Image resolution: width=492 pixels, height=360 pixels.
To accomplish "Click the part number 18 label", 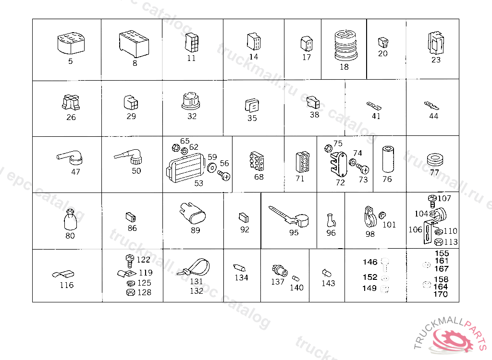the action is [x=344, y=67].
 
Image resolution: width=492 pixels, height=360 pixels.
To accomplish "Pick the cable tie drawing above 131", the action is [x=197, y=266].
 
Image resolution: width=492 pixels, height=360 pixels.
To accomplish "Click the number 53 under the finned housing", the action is [x=198, y=183].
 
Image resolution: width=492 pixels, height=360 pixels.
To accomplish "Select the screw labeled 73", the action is [x=364, y=169].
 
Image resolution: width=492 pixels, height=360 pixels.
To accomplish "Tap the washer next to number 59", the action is [x=211, y=168].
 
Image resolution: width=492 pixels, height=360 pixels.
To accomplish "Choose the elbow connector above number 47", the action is [x=71, y=157].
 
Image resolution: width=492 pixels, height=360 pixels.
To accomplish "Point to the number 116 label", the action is [x=67, y=285].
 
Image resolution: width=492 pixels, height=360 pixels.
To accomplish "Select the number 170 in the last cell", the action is [x=440, y=294].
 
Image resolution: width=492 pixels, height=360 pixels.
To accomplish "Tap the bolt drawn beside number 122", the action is [x=129, y=261].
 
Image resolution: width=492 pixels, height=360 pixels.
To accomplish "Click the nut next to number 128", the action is [x=129, y=292].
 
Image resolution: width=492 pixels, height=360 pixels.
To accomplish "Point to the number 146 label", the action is [x=370, y=262].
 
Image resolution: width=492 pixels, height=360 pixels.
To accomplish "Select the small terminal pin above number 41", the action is [x=374, y=106].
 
